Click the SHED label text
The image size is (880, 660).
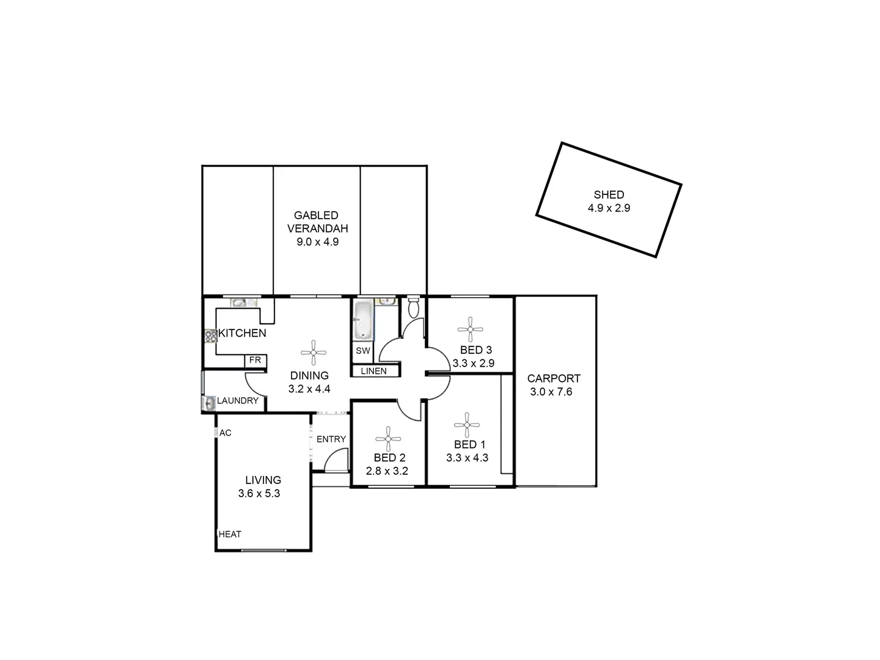tap(609, 195)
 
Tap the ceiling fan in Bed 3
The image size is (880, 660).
tap(470, 329)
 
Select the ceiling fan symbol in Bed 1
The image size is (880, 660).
tap(467, 425)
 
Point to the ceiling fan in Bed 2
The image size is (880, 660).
tap(388, 438)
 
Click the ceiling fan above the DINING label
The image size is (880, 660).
tap(313, 353)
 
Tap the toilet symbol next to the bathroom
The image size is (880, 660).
tap(414, 307)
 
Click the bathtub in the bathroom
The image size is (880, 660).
tap(362, 320)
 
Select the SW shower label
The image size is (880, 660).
tap(363, 351)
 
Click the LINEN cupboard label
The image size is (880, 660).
tap(373, 371)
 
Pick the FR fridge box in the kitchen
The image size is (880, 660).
tap(255, 361)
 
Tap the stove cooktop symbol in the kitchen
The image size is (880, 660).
tap(211, 335)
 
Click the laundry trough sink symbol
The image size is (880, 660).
tap(209, 403)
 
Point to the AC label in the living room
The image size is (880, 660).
tap(226, 433)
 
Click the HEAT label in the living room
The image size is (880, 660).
tap(230, 534)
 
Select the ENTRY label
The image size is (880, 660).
tap(331, 439)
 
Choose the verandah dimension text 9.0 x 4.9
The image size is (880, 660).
tap(317, 241)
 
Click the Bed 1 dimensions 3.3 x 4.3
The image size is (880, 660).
tap(467, 458)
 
